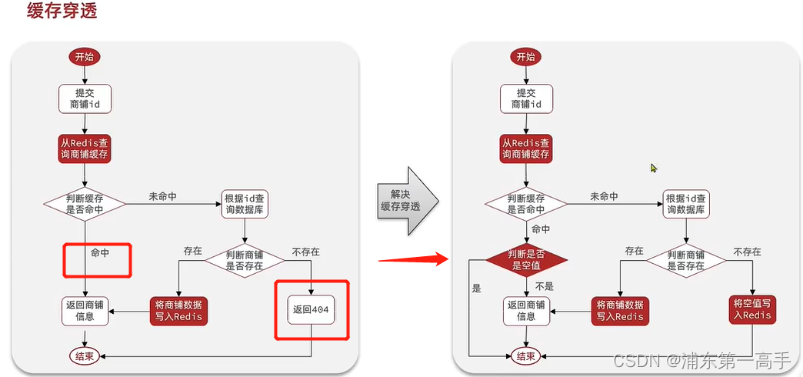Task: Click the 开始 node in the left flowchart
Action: [85, 57]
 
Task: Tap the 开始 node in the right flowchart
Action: [525, 57]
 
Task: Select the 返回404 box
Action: [312, 309]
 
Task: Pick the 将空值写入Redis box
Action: [751, 309]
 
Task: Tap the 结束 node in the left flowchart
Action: [85, 355]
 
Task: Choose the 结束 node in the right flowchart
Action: [526, 355]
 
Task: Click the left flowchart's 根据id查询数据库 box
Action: [245, 204]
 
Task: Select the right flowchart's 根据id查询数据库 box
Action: [685, 204]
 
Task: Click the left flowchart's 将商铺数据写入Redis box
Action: [179, 310]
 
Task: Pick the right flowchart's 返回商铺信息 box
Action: [527, 310]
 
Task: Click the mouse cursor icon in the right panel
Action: [654, 168]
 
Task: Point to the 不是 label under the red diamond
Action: [544, 286]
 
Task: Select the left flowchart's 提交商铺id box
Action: [85, 98]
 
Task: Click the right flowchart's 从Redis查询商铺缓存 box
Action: [527, 149]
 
